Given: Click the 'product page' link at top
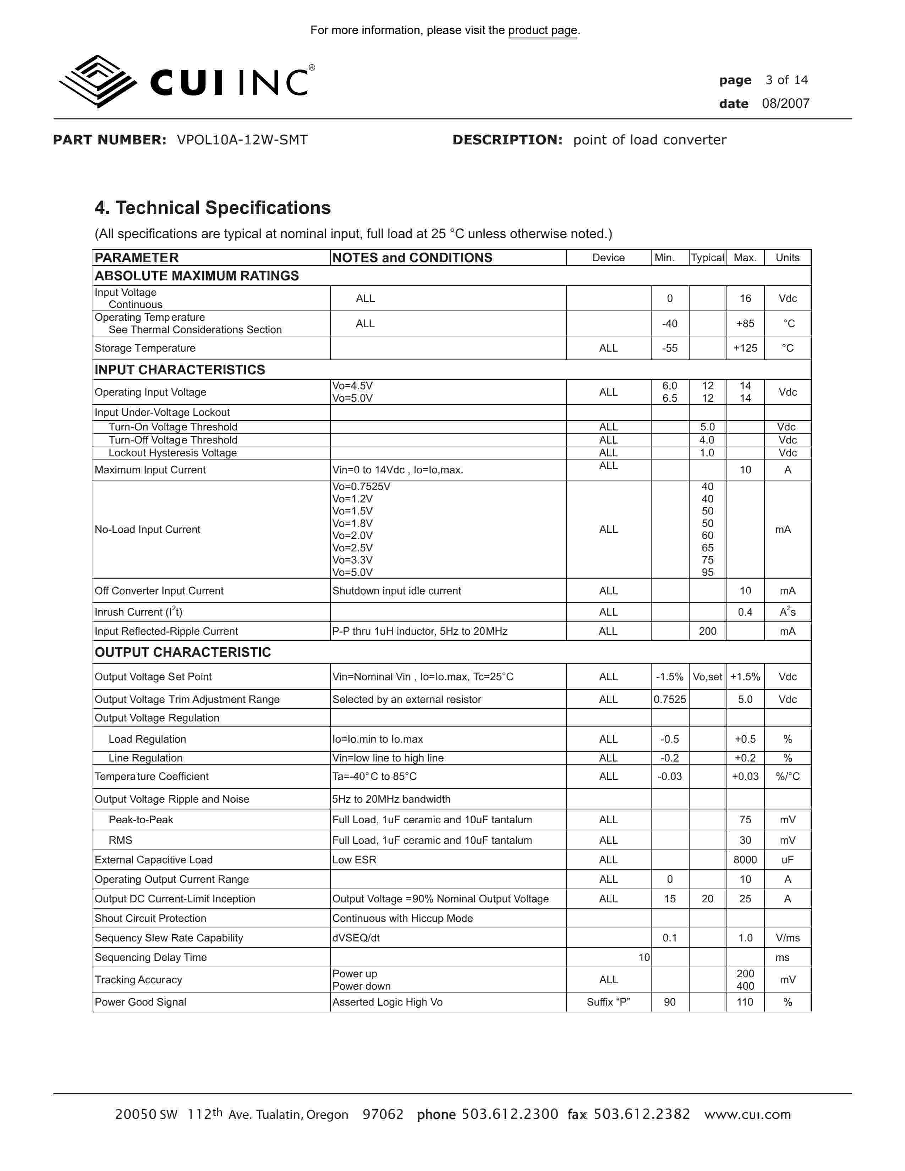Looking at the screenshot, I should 543,31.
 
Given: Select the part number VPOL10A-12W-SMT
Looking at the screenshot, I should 242,140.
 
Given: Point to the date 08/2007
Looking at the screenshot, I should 785,104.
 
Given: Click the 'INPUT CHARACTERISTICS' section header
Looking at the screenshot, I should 180,370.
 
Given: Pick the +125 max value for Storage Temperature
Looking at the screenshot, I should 745,348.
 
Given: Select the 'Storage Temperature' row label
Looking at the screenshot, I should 145,348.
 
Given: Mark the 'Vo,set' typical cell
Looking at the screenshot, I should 707,677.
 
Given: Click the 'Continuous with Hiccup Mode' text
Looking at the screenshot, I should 402,918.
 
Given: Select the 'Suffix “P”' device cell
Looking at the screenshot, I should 608,1002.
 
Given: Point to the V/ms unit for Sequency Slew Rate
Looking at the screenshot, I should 787,938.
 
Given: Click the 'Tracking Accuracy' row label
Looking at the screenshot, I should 138,980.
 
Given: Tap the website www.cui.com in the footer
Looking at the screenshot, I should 747,1114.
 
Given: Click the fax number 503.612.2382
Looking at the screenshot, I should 642,1114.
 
